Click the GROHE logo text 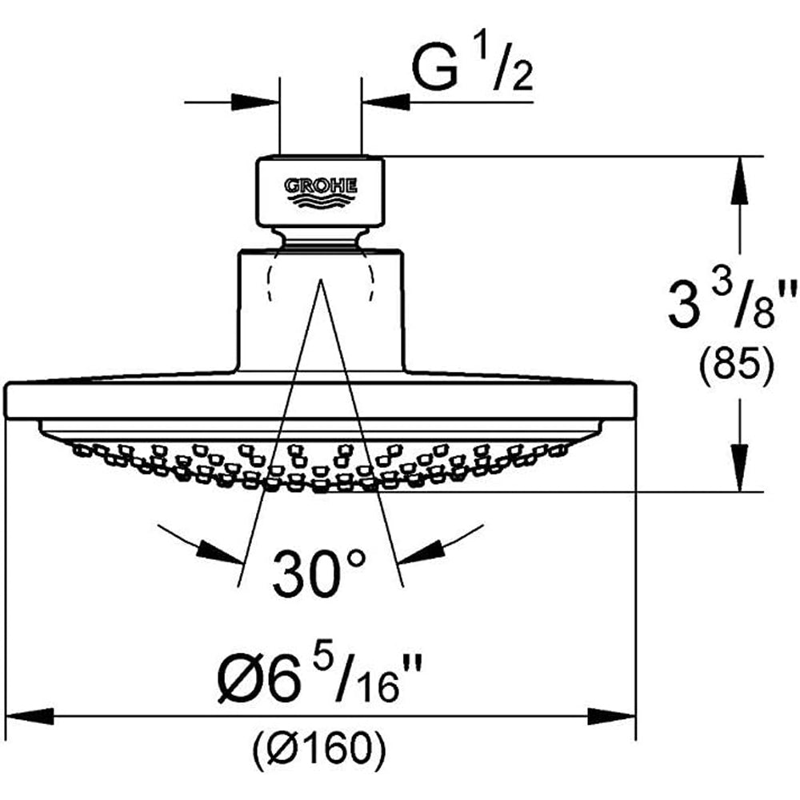(x=321, y=186)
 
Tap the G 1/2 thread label (x=472, y=69)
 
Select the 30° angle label (x=319, y=574)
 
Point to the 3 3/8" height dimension (x=733, y=305)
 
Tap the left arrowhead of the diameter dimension (x=29, y=716)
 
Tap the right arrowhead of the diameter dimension (x=611, y=716)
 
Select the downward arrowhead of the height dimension (x=740, y=467)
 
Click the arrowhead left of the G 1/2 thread (x=255, y=102)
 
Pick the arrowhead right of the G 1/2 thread (x=386, y=102)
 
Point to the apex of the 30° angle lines (x=321, y=279)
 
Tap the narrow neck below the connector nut (x=321, y=238)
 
